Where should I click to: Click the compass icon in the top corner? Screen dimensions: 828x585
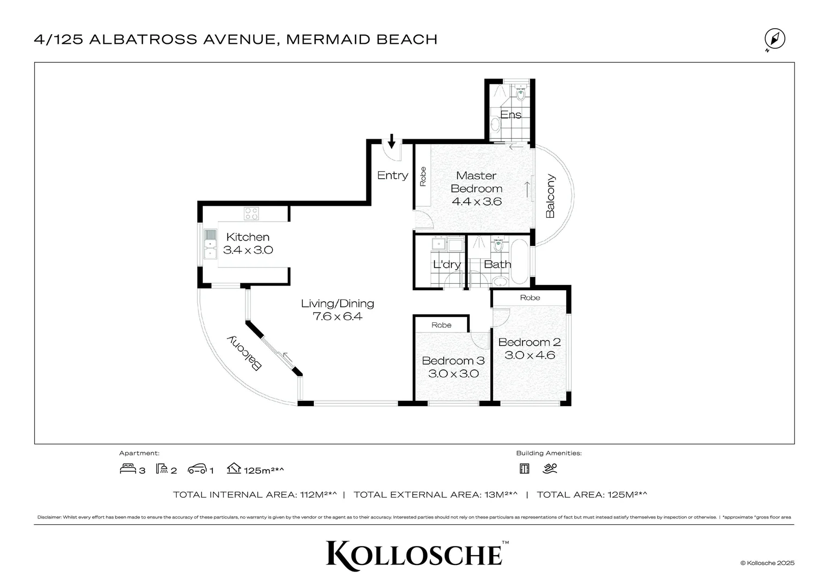pos(774,40)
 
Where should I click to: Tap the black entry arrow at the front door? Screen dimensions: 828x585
pos(391,141)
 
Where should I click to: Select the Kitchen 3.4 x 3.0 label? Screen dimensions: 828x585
pos(248,243)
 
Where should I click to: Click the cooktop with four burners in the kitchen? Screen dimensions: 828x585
pos(251,213)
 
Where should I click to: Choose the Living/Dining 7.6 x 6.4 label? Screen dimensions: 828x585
pos(337,310)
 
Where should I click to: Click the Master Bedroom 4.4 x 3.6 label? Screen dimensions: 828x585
pos(476,188)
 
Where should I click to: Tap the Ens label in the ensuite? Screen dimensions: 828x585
pos(510,114)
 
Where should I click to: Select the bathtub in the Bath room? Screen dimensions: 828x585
pos(520,262)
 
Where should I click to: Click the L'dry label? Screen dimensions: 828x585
pos(447,264)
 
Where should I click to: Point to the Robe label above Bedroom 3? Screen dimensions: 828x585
pos(441,325)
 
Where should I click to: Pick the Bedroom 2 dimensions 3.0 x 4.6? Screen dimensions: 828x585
pos(530,355)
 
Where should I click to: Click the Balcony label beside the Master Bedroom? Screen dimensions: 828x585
pos(550,196)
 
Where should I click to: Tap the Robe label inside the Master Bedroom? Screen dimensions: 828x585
pos(423,176)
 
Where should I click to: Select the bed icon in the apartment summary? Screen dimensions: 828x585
pos(128,469)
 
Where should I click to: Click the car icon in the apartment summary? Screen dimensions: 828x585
pos(197,469)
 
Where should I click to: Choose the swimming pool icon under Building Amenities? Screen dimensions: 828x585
pos(549,469)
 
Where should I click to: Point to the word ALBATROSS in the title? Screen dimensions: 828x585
pos(143,40)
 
